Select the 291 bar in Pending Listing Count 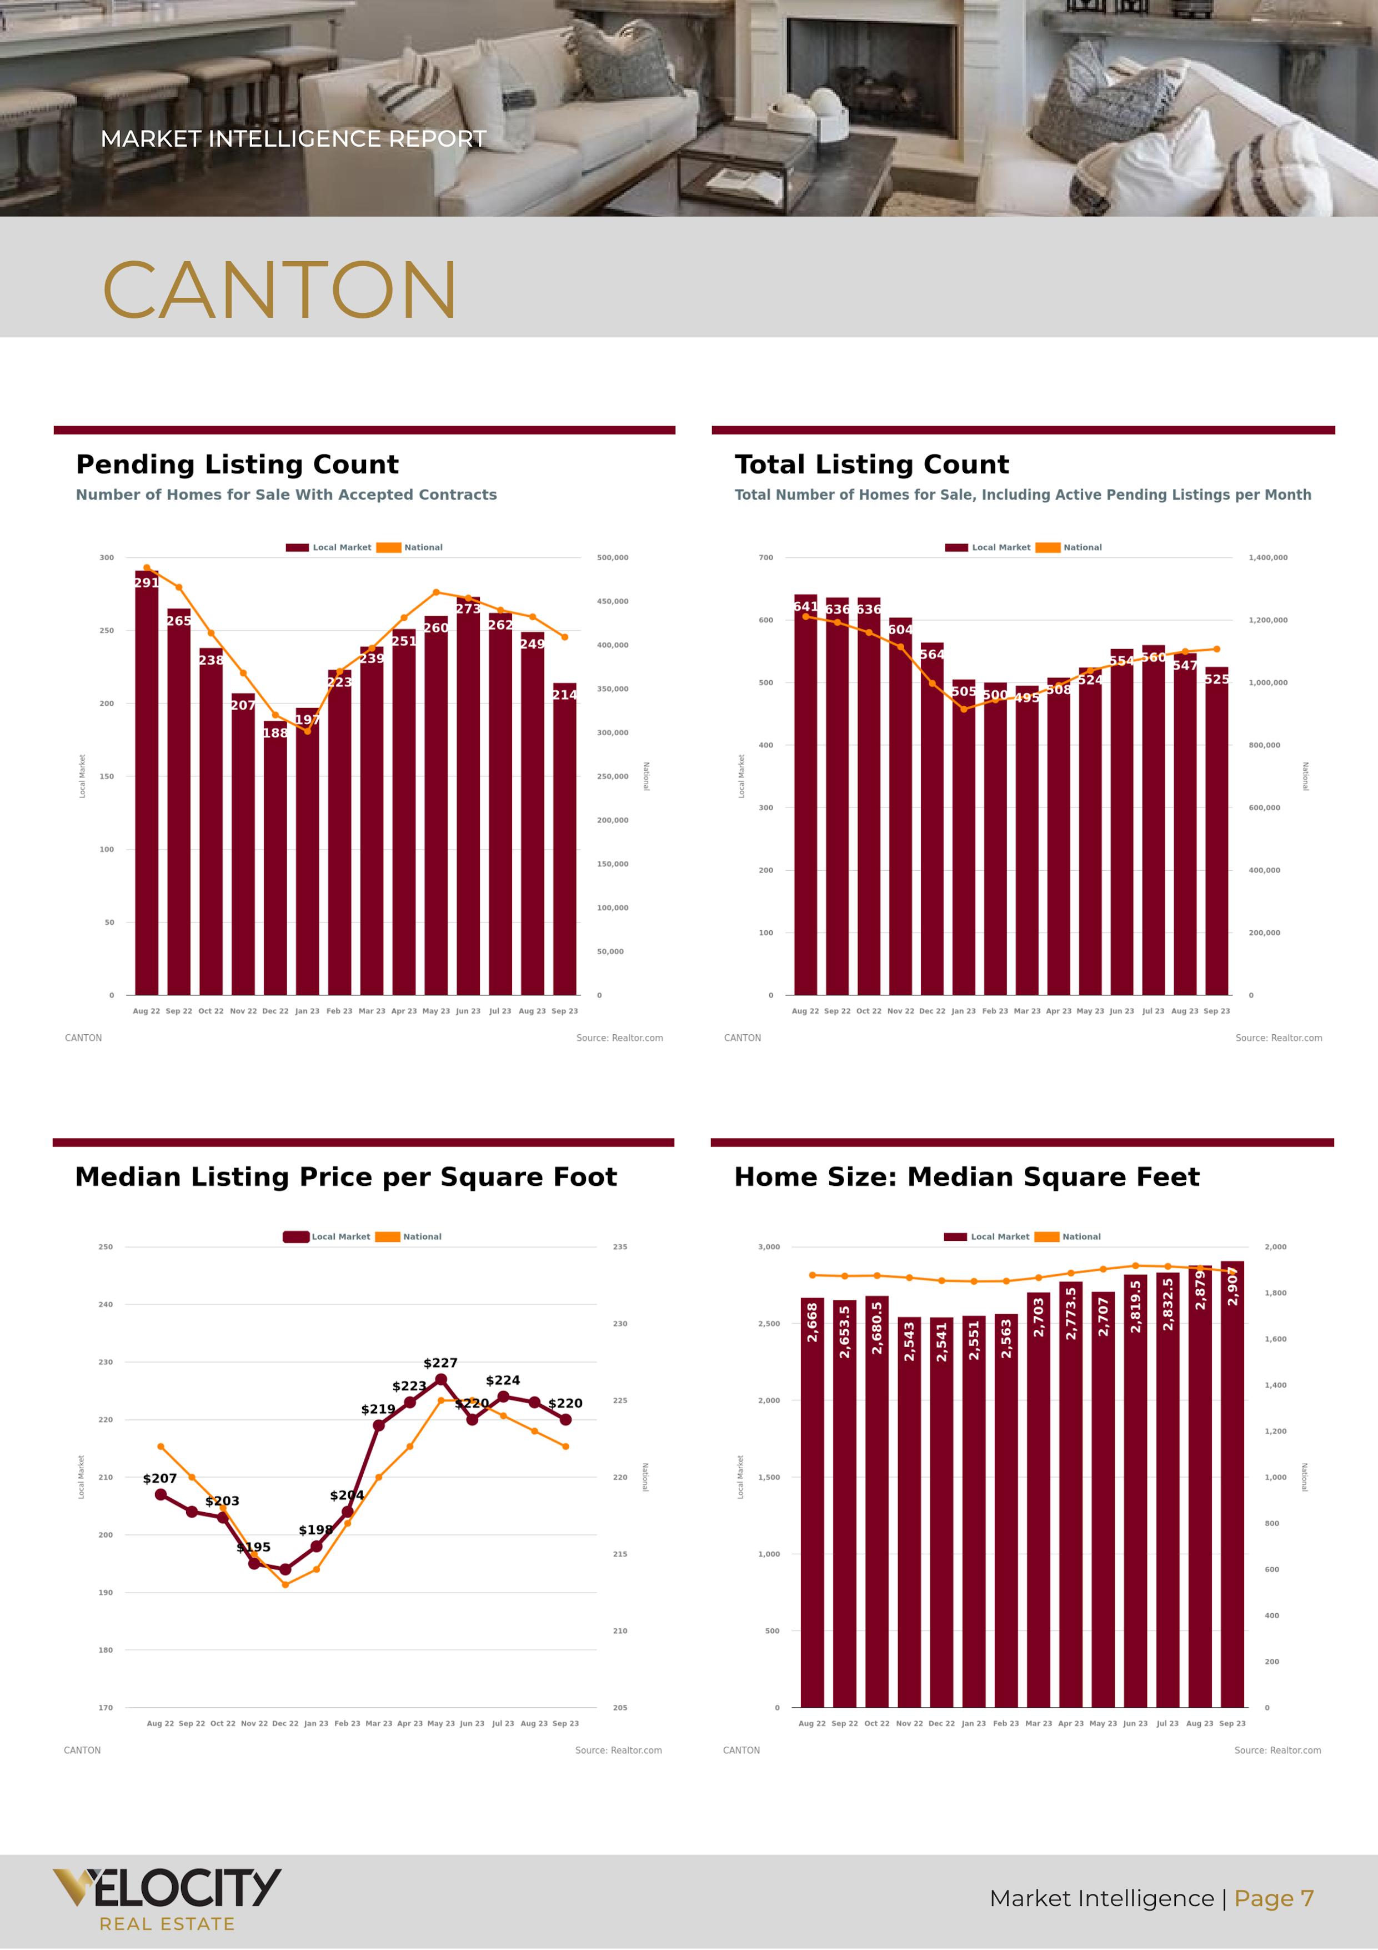coord(146,781)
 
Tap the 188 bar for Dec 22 coord(275,858)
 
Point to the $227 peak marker coord(440,1380)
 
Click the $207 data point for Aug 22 coord(161,1495)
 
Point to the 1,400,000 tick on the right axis coord(1267,558)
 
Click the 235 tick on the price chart coord(620,1247)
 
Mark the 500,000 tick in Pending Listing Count coord(612,558)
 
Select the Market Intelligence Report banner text coord(293,138)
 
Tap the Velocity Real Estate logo coord(167,1898)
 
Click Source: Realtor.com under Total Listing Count coord(1278,1038)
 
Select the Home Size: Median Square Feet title coord(966,1177)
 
